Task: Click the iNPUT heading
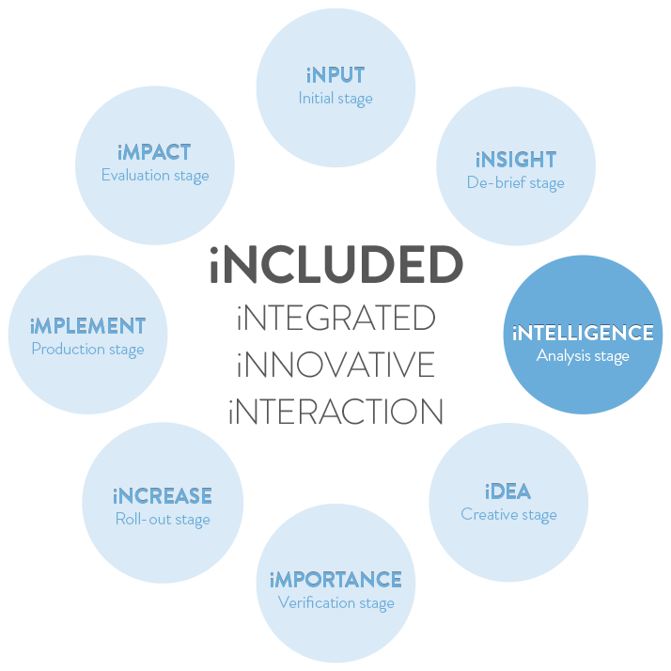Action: click(x=335, y=75)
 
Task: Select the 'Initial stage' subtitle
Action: click(x=335, y=98)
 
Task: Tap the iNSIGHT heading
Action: click(x=515, y=160)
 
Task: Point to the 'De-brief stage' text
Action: click(x=515, y=182)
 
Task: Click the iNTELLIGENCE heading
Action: click(x=583, y=333)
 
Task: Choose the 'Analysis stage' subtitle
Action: click(x=583, y=355)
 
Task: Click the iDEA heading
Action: click(x=508, y=492)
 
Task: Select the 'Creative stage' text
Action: click(x=508, y=514)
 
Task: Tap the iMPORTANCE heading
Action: click(x=335, y=579)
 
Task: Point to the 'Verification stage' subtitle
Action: click(x=335, y=602)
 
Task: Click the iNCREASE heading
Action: click(x=163, y=496)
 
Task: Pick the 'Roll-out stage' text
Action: click(x=163, y=519)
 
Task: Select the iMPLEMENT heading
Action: click(x=87, y=326)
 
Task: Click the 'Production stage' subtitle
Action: click(x=87, y=350)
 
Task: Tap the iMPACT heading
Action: click(x=155, y=152)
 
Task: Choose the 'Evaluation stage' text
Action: click(x=155, y=175)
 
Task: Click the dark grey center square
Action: click(x=335, y=335)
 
